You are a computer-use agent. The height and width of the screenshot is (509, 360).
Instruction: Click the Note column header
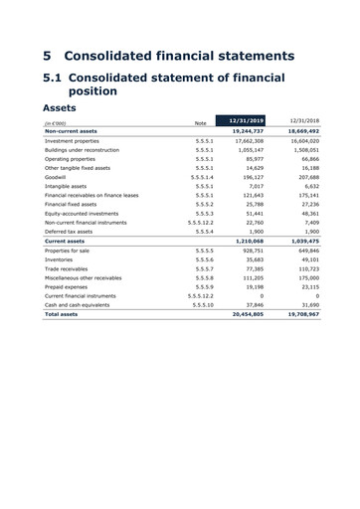(x=200, y=123)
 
